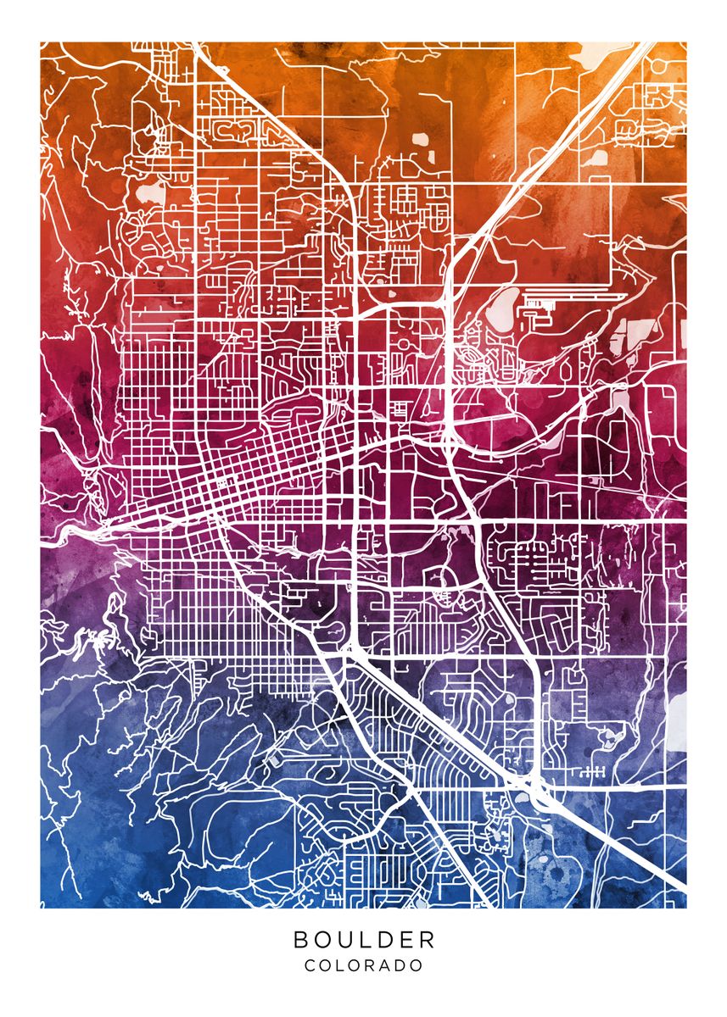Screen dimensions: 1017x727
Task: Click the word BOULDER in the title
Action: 364,939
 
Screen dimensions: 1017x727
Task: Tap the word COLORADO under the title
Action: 364,965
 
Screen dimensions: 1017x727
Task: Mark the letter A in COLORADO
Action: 385,965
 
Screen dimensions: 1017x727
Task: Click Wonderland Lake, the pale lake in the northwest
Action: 151,192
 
